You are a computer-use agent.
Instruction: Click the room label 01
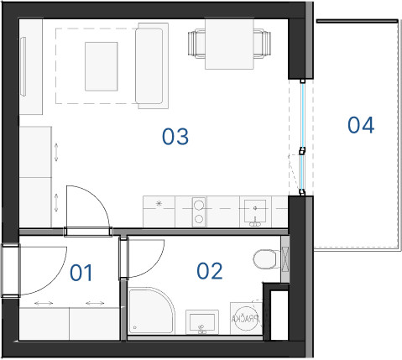point(81,273)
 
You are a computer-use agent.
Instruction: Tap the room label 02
point(210,271)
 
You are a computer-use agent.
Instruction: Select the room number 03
point(175,137)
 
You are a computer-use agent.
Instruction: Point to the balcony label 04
point(361,125)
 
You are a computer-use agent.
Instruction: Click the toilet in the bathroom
point(266,259)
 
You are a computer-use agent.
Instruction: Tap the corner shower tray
point(151,310)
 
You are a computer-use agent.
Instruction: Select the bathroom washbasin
point(202,322)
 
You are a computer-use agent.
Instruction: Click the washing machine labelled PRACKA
point(246,318)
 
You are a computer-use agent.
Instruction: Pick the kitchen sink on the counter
point(255,211)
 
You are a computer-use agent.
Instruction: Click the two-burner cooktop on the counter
point(199,212)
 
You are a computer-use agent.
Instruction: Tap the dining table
point(229,44)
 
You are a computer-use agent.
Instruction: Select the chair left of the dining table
point(196,44)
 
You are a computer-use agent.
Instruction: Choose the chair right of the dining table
point(263,44)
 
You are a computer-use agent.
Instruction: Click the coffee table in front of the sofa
point(102,66)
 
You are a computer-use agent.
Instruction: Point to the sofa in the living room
point(152,65)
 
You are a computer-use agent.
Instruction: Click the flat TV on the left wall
point(23,66)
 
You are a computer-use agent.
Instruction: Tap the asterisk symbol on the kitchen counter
point(159,203)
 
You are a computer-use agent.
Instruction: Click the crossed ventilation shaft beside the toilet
point(285,260)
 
